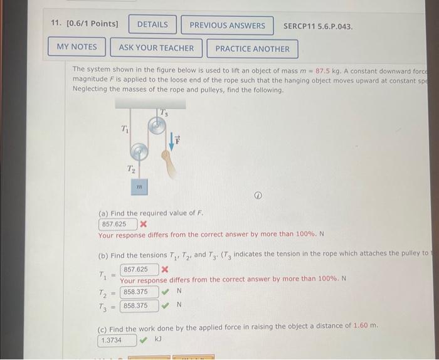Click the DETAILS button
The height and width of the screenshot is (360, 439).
pos(152,25)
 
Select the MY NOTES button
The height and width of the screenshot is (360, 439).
pos(77,47)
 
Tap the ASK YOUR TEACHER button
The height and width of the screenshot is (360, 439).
pos(156,48)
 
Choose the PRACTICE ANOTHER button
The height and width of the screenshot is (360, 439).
pos(252,48)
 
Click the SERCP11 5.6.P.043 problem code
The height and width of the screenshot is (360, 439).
pos(318,26)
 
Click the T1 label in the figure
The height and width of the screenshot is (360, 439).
pos(125,129)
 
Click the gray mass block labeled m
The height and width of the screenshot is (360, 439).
pos(140,186)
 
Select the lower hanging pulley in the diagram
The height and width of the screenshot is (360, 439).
pos(140,152)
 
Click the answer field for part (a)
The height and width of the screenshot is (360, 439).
pos(116,224)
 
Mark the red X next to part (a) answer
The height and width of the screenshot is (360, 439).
pos(144,224)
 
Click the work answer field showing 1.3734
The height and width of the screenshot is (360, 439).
pos(117,340)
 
